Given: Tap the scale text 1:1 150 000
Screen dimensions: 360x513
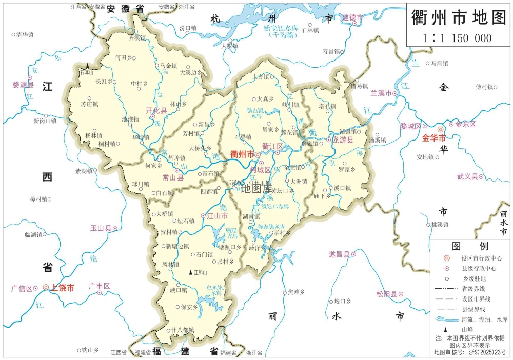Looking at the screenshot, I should [x=457, y=38].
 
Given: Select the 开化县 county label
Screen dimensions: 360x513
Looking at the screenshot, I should [x=156, y=111].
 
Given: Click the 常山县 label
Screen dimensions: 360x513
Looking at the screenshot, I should [x=172, y=178].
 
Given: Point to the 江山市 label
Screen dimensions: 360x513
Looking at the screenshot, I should [x=217, y=216].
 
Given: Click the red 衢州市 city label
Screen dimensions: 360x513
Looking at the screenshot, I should [x=241, y=154].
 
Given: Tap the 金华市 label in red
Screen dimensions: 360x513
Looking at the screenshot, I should [x=433, y=138].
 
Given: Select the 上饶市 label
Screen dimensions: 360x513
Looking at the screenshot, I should [x=62, y=288].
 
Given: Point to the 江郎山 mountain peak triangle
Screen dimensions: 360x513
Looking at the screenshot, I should [x=191, y=272].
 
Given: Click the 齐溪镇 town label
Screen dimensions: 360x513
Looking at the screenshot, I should [x=137, y=38].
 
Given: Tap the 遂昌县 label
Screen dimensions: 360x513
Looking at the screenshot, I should [x=339, y=254].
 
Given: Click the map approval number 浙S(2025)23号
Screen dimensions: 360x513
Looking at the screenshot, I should [x=470, y=352].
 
